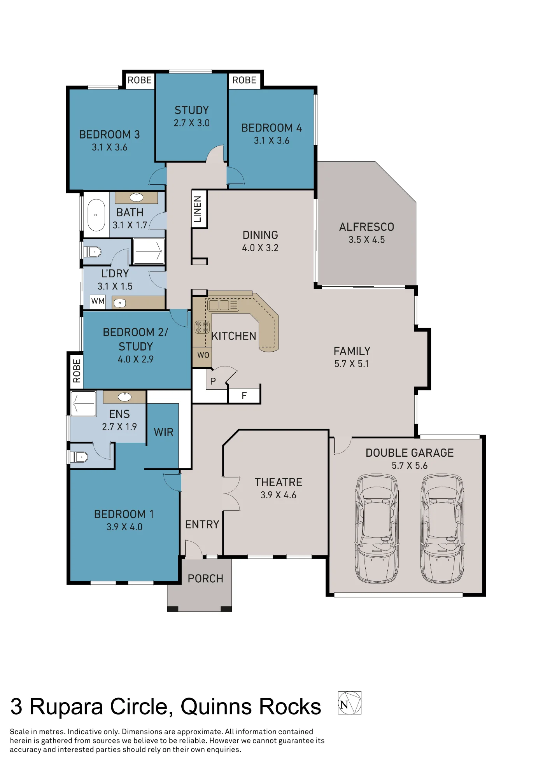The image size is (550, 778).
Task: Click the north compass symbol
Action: [x=350, y=703]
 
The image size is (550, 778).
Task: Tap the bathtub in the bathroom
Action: [x=96, y=215]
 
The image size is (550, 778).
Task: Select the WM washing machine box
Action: [x=98, y=301]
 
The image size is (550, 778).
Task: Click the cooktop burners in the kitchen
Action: [x=202, y=327]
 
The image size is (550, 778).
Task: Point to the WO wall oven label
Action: [x=203, y=355]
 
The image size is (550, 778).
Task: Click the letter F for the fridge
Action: [x=244, y=396]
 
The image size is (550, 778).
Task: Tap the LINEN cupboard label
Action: [x=198, y=209]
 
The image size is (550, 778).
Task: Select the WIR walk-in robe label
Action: [x=164, y=432]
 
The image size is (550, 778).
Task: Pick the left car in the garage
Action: [x=377, y=528]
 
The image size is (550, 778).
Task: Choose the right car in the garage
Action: [x=442, y=528]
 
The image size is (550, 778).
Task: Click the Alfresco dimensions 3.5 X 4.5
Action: [x=367, y=240]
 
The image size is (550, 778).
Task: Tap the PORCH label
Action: [x=205, y=579]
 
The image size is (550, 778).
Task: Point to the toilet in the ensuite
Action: [x=78, y=457]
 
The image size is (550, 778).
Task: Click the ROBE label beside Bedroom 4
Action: [x=244, y=80]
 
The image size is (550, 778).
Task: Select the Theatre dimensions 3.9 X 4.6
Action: [x=279, y=495]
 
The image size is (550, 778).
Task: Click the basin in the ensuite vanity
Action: [x=125, y=397]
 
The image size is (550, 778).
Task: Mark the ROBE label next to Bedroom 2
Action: [x=77, y=371]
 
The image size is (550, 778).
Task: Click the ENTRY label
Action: [x=202, y=525]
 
